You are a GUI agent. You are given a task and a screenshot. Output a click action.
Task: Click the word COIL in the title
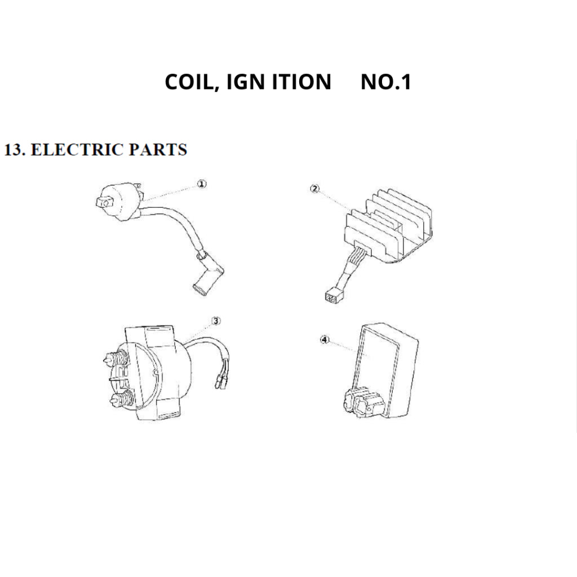[189, 82]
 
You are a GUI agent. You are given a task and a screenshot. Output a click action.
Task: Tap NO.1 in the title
[385, 82]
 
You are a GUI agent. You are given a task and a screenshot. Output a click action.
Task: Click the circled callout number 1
[202, 184]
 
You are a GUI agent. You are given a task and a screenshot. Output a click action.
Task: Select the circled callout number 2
[315, 189]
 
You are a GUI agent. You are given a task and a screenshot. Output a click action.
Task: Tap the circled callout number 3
[216, 321]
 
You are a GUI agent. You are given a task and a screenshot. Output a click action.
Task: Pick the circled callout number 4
[324, 340]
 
